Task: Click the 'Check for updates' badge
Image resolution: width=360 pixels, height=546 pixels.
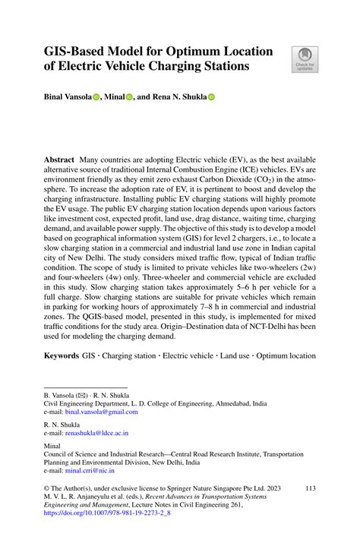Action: tap(305, 60)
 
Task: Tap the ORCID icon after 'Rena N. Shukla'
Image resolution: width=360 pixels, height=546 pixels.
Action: tap(212, 97)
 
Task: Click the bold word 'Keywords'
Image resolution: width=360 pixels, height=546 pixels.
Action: tap(62, 355)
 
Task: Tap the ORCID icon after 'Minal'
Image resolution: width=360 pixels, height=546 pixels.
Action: tap(130, 97)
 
